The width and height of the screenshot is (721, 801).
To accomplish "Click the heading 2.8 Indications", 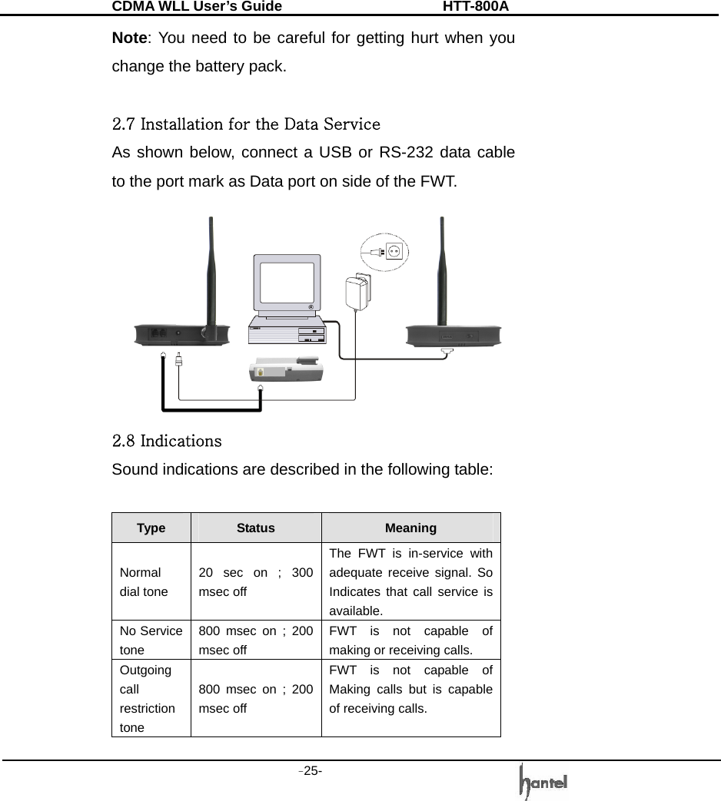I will tap(167, 442).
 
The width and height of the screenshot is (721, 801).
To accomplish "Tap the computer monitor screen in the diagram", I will tap(287, 283).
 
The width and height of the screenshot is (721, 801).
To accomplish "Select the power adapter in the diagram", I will tap(357, 293).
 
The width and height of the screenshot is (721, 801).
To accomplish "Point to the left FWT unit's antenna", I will tap(211, 269).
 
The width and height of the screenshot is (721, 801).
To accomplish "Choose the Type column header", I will tap(151, 528).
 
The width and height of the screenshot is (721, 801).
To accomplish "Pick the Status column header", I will tap(256, 528).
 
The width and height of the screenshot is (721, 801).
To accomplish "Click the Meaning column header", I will tap(410, 528).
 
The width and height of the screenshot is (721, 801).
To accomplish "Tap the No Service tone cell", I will tap(151, 639).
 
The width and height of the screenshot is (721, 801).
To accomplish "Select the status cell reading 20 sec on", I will tap(255, 582).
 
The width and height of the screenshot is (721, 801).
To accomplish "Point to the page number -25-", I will tap(311, 770).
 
